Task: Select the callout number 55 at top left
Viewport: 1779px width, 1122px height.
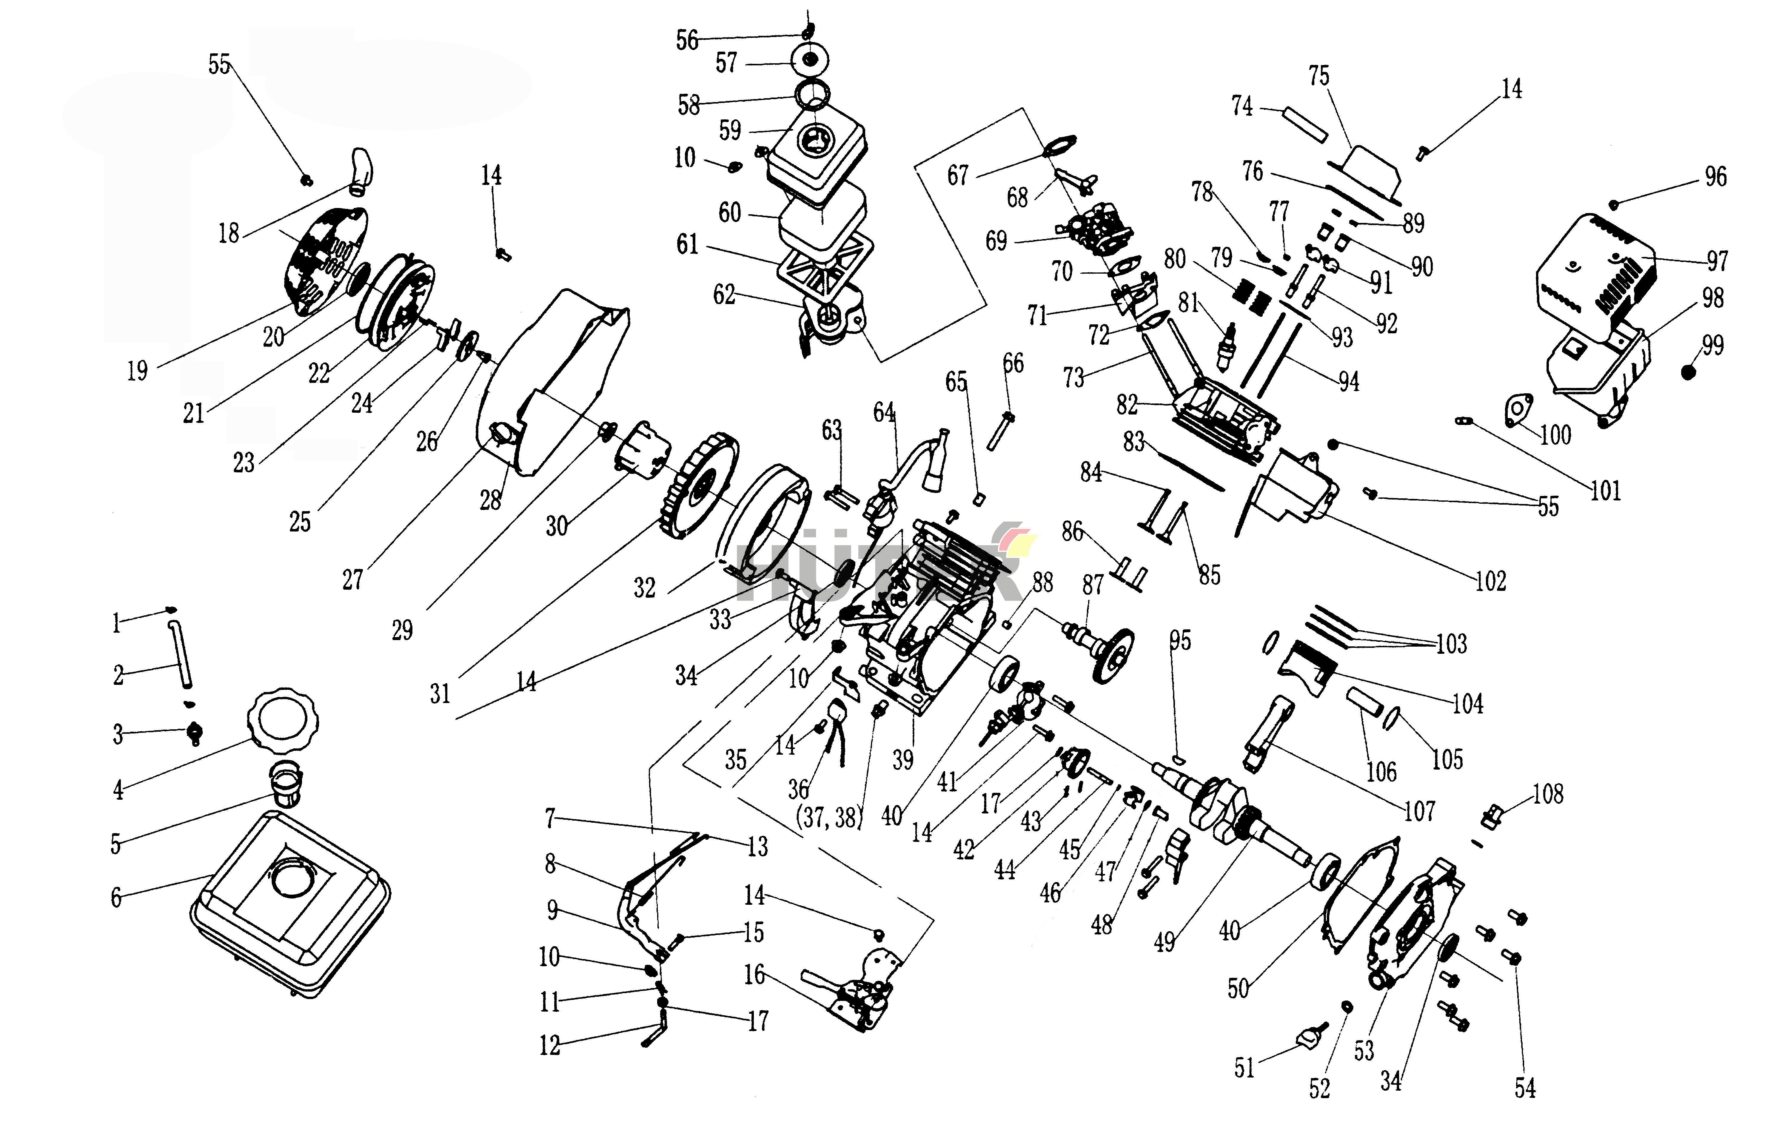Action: click(x=219, y=65)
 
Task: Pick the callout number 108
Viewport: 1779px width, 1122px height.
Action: click(x=1548, y=794)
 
